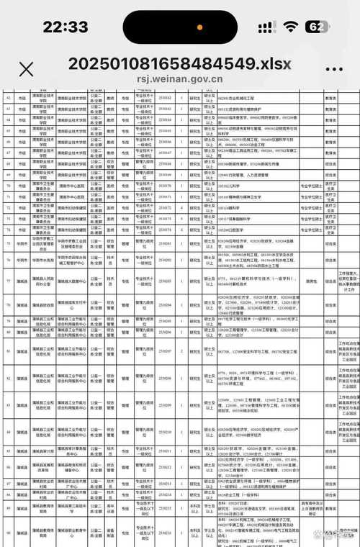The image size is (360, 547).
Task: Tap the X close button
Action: tap(26, 69)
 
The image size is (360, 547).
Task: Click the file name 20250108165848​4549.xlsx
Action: tap(179, 63)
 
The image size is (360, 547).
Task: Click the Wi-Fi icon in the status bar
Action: tap(291, 27)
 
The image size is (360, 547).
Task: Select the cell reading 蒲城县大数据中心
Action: tap(72, 281)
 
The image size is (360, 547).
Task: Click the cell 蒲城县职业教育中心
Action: tap(72, 534)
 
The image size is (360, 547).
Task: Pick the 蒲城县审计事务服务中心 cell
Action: tap(72, 449)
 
